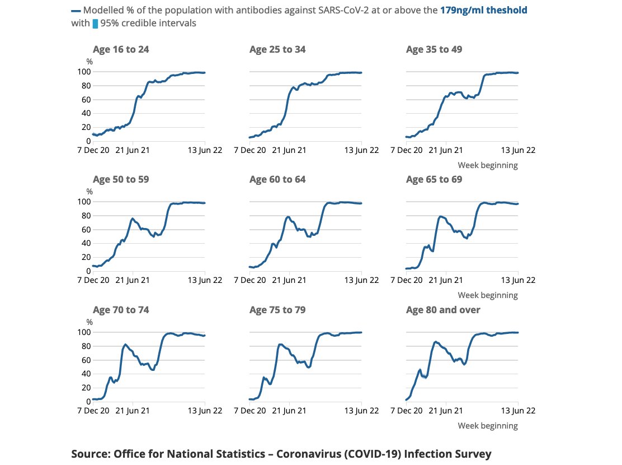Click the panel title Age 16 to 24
(x=121, y=49)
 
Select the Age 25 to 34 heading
(x=277, y=49)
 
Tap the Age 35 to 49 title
(x=434, y=49)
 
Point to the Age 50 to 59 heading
(x=121, y=179)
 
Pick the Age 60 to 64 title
(x=277, y=179)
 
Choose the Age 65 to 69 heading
(x=434, y=179)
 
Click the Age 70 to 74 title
(x=121, y=310)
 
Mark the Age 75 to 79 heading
(x=277, y=310)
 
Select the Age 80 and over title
(x=443, y=310)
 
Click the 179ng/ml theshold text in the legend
(x=483, y=10)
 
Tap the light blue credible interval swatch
(x=95, y=24)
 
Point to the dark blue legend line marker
(x=76, y=11)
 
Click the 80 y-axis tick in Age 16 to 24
(x=86, y=86)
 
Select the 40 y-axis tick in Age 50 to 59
(x=86, y=243)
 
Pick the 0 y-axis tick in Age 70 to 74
(x=88, y=402)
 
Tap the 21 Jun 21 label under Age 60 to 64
(x=289, y=280)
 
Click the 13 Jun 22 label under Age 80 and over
(x=518, y=411)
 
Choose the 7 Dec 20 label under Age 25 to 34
(x=250, y=150)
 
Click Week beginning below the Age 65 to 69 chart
(x=488, y=295)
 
